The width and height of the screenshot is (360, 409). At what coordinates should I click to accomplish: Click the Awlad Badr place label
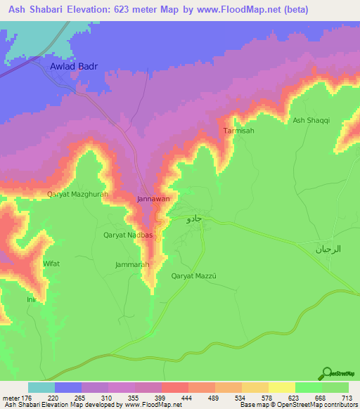coord(73,67)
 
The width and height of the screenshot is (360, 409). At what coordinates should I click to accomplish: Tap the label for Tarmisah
coord(238,131)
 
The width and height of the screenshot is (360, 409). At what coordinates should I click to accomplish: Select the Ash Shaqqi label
coord(311,121)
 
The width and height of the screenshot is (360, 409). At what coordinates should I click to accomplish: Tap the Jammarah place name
coord(132,264)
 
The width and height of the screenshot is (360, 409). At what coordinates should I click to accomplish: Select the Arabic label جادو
coord(194,219)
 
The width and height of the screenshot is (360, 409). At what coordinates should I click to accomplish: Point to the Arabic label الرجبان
coord(327,249)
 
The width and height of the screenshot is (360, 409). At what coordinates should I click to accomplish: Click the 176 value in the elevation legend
coord(22,398)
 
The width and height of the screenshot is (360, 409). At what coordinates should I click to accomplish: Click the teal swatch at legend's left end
coord(41,387)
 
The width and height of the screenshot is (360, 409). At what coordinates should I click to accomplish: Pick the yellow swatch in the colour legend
coord(281,387)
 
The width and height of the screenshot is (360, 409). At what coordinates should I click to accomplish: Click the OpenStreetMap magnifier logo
coord(326,373)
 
